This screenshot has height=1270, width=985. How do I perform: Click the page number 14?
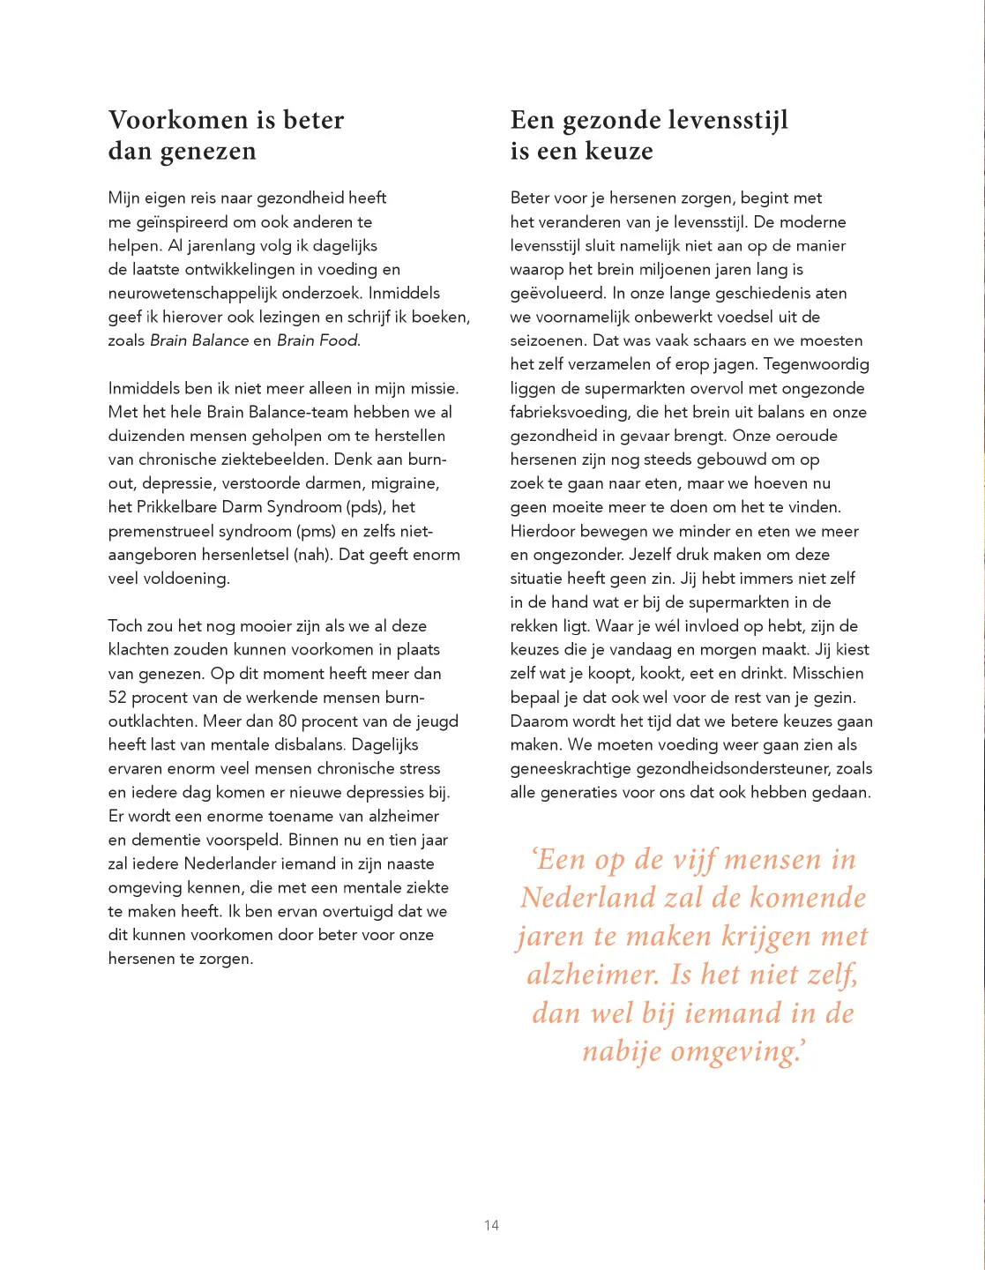[x=491, y=1225]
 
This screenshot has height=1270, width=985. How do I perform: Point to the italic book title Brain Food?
[x=318, y=340]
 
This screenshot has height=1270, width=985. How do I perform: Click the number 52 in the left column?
[x=117, y=698]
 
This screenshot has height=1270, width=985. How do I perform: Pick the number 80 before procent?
[x=287, y=721]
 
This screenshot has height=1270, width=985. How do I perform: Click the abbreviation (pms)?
[x=318, y=531]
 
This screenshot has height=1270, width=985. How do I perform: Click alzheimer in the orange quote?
[x=593, y=975]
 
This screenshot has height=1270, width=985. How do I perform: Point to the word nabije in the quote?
[x=622, y=1051]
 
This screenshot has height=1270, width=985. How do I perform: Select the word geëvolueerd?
[x=557, y=293]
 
